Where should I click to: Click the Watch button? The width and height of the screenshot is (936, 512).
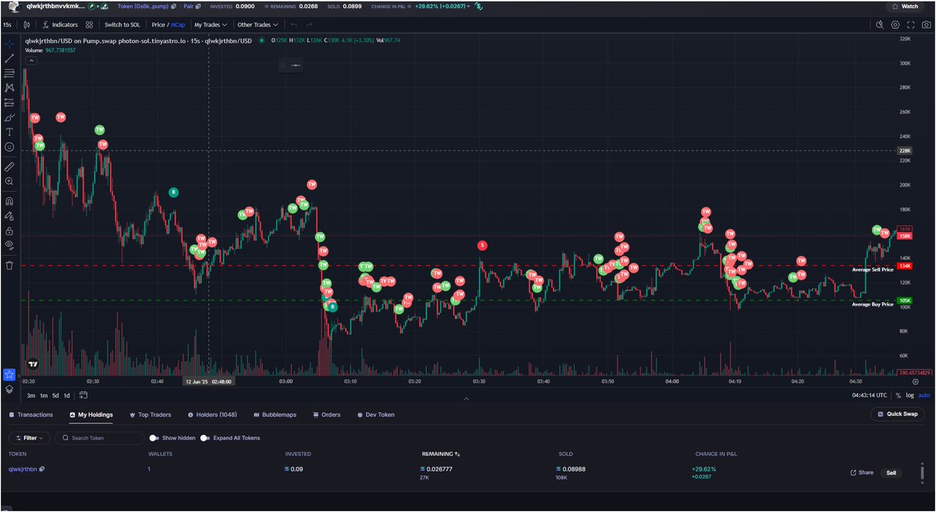click(905, 6)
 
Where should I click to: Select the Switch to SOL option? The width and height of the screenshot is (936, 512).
click(122, 24)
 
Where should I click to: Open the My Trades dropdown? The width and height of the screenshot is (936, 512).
click(210, 24)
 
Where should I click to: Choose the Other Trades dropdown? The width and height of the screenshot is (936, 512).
click(257, 24)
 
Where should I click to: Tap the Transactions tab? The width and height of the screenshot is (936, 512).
click(31, 415)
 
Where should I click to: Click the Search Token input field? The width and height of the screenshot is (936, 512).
click(101, 438)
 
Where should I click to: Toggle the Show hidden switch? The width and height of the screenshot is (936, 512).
click(155, 438)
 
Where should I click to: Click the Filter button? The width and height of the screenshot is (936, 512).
click(30, 438)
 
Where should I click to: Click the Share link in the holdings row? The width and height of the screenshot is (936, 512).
click(862, 472)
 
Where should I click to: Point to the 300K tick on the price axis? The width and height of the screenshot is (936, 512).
click(905, 63)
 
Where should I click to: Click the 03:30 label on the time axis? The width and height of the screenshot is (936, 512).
click(479, 382)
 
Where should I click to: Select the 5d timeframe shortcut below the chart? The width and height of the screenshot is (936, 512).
click(55, 395)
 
